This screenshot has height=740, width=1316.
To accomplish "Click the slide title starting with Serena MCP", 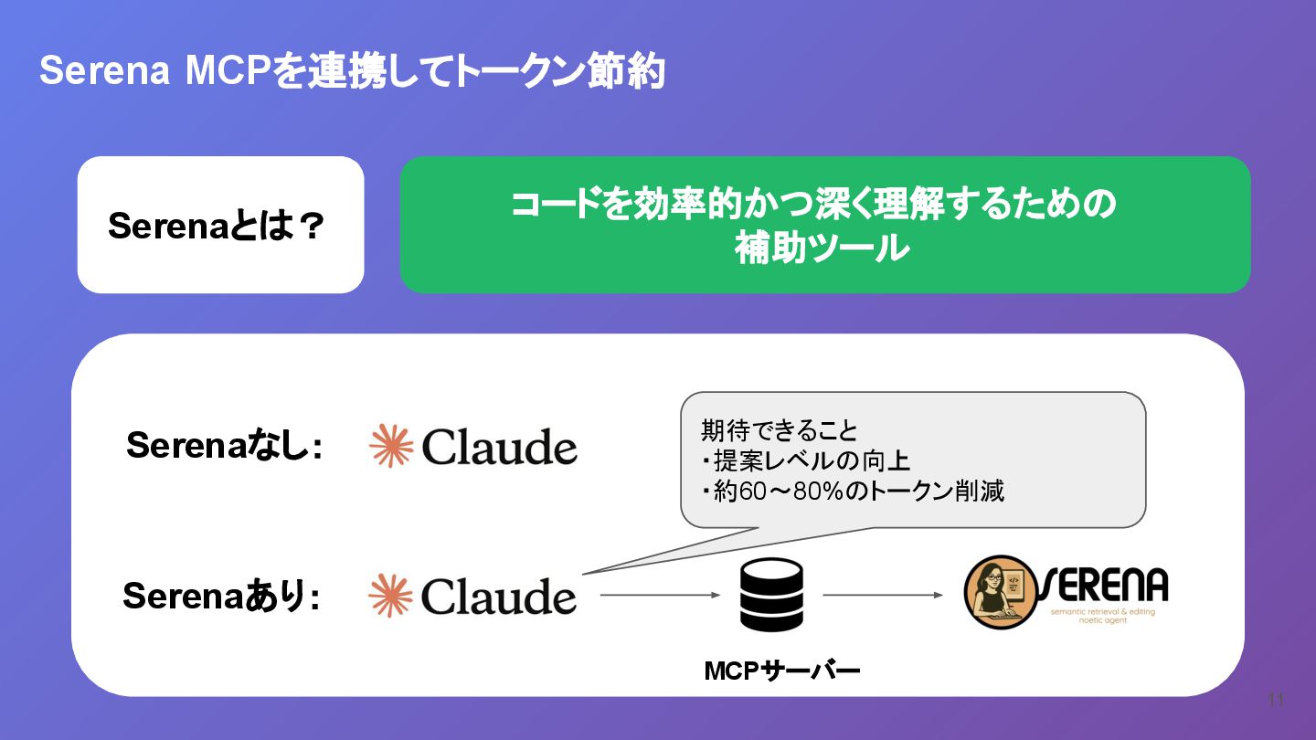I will pos(352,71).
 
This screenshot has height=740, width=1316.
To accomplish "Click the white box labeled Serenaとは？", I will pos(220,225).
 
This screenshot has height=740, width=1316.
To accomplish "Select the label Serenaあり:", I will pos(221,597).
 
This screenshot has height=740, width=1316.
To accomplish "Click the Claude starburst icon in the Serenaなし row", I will pos(391,446).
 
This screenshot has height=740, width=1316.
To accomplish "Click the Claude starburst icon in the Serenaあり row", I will pos(391,596).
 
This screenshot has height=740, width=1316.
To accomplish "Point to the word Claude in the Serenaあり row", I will pos(499,597).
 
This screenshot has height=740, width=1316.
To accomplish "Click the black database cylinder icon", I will pos(771,595).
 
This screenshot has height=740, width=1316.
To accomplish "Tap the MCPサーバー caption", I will pos(781,671).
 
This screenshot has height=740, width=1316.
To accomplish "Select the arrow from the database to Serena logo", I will pos(882,596).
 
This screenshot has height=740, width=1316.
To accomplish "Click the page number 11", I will pos(1277,700).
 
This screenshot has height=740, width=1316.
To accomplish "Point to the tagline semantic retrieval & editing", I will pos(1102,612).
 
